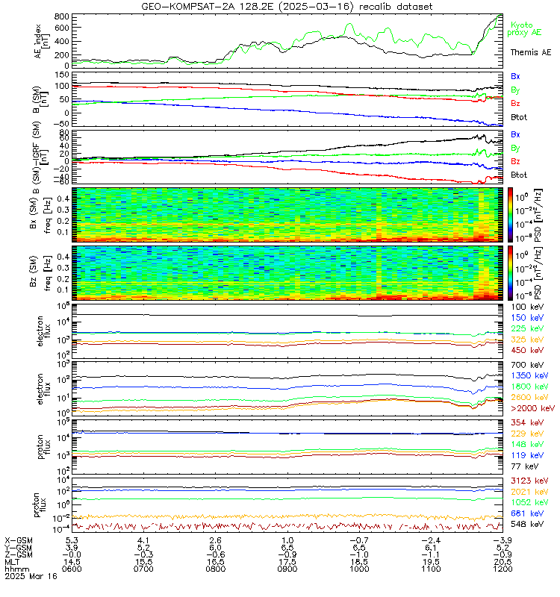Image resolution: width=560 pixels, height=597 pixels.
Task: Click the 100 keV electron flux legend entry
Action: [526, 307]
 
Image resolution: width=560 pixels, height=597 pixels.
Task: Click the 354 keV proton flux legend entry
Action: [526, 423]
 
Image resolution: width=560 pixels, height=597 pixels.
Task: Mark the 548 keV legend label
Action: [526, 525]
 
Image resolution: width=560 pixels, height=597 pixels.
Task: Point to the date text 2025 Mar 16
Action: [30, 577]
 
